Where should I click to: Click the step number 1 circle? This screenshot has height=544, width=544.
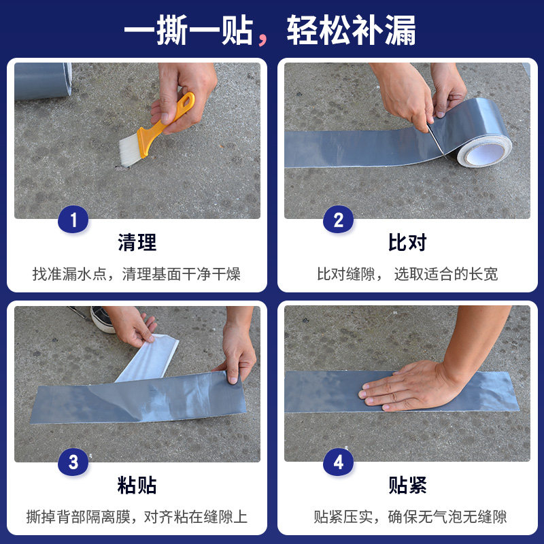coord(73,220)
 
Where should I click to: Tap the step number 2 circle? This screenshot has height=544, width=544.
coord(338,220)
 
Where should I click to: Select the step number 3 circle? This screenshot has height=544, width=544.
coord(73,463)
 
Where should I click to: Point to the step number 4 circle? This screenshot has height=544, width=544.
coord(338,463)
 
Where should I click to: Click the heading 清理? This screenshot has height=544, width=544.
coord(137,242)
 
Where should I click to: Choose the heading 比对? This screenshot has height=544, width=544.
coord(407,242)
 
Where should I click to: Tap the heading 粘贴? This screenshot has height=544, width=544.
coord(137,486)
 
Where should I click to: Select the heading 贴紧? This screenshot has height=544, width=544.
coord(407,486)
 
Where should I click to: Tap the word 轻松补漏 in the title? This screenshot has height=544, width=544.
coord(351,31)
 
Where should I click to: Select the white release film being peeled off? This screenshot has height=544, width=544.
coord(150,358)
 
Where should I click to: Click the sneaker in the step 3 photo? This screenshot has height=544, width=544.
coord(102,318)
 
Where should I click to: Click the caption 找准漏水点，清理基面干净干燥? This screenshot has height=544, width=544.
coord(137,274)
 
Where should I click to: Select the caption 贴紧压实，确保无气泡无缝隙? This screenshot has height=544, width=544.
coord(410,517)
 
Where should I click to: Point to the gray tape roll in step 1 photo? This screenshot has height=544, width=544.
coord(43,81)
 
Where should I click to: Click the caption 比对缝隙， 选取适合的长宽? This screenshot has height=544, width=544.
coord(407,274)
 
